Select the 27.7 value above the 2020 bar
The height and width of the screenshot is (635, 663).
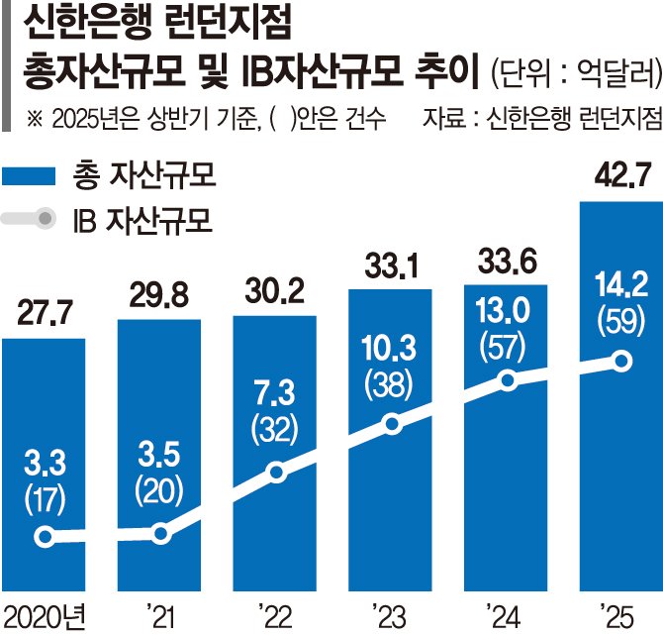tap(43, 316)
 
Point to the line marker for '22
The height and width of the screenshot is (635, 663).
tap(276, 473)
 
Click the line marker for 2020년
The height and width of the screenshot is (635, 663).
tap(44, 536)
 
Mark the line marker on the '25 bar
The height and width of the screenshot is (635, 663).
tap(621, 362)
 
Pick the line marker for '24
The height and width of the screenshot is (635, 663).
tap(507, 380)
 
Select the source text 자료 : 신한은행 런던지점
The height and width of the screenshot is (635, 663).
tap(540, 119)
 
